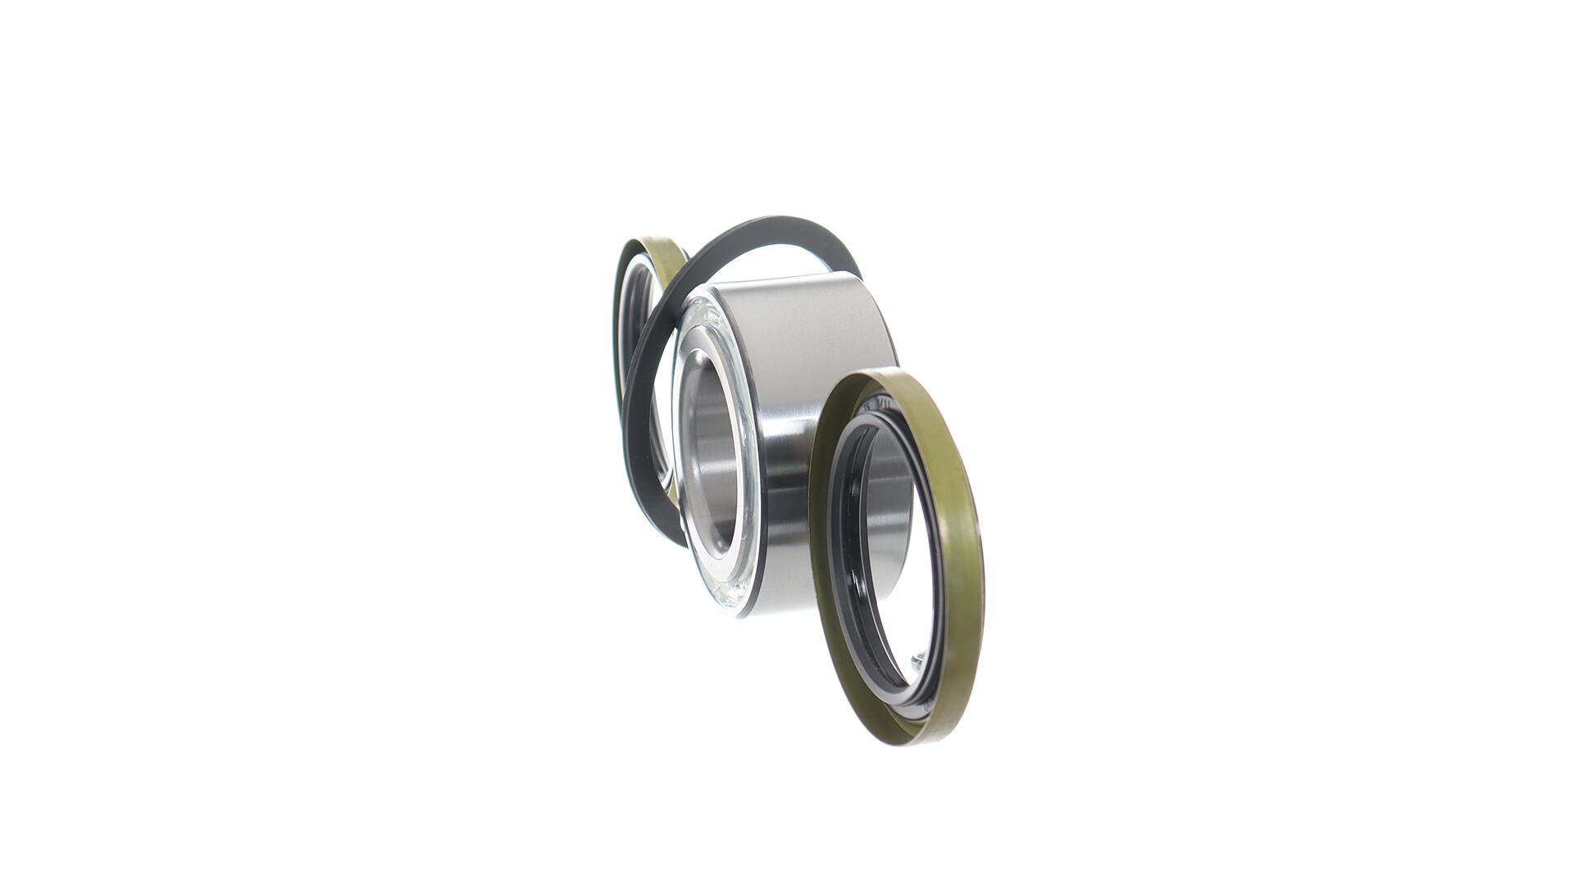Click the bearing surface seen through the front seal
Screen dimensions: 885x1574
click(x=889, y=508)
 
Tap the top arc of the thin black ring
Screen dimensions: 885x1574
click(x=771, y=225)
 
